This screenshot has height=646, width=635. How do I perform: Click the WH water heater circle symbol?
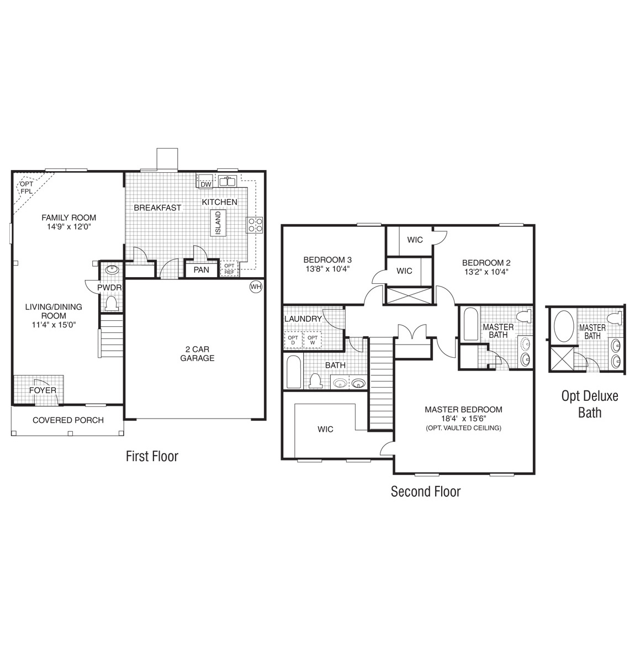(x=255, y=287)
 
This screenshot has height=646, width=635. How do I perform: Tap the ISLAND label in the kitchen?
(x=218, y=223)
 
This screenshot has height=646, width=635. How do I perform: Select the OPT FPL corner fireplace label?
(x=26, y=188)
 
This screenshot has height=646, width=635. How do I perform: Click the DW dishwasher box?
(x=205, y=184)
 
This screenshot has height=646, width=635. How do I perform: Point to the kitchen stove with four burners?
(x=255, y=225)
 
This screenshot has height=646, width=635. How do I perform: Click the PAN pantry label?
(x=201, y=269)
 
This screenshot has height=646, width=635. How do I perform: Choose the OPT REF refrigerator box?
(x=229, y=269)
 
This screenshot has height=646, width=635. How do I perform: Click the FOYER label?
(x=43, y=390)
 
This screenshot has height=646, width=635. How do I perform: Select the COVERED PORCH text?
(x=68, y=420)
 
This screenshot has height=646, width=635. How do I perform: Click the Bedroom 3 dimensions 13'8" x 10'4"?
(x=327, y=269)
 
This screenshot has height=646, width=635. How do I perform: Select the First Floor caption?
(x=152, y=456)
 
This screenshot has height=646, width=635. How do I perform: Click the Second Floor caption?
(x=425, y=491)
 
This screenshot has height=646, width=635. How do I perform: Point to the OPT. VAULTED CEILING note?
(x=463, y=428)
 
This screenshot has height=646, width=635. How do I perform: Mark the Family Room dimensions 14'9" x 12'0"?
(x=68, y=226)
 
